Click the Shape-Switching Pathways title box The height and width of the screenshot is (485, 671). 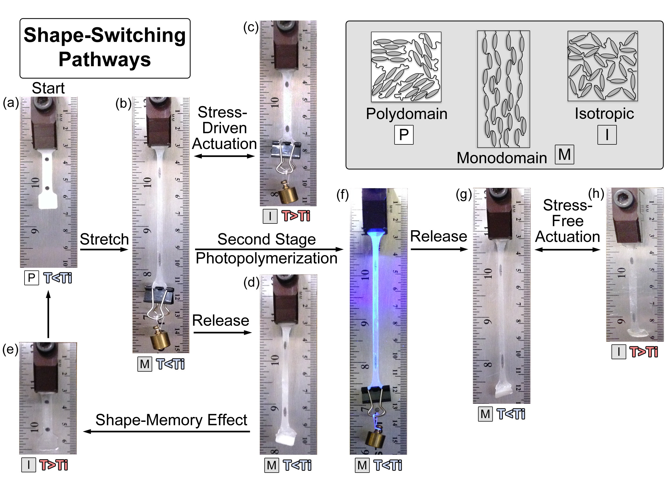tap(105, 48)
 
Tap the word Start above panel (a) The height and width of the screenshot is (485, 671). tap(48, 88)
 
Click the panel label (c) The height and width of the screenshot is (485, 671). tap(251, 28)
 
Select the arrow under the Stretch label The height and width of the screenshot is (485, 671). tap(104, 249)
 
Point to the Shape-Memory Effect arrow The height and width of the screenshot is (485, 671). tap(167, 431)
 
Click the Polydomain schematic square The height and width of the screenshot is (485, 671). tap(406, 67)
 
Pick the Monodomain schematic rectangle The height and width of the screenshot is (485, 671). tap(503, 89)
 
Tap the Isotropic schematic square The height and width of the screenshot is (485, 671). tap(602, 66)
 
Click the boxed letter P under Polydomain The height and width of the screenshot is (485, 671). tap(404, 135)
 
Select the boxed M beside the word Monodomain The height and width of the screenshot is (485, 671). tap(564, 154)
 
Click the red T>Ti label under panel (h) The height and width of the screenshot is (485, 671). tap(644, 352)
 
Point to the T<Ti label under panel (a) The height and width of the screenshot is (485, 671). tap(58, 278)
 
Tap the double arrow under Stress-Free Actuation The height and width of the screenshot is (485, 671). tap(568, 249)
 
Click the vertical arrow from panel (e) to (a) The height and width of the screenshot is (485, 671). tap(49, 314)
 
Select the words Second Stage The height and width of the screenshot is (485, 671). tap(267, 239)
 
